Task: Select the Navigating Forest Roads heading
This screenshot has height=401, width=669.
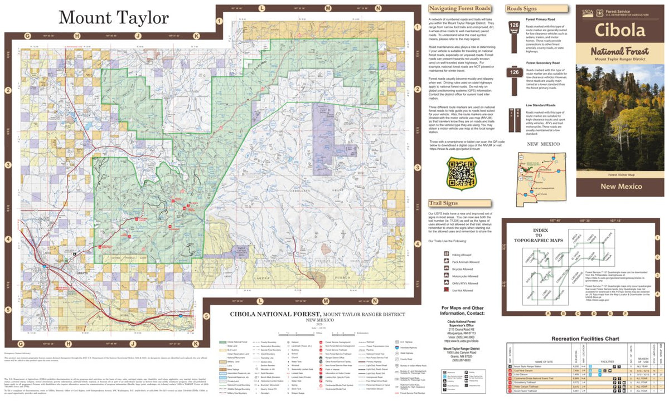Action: point(459,8)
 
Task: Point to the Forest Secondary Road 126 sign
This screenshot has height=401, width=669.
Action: point(514,74)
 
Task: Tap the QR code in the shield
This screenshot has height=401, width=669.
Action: point(460,173)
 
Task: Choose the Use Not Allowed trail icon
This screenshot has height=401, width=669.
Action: point(446,290)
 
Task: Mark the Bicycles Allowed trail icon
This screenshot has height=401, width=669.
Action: point(446,268)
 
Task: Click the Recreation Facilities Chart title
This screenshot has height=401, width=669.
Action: point(585,338)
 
